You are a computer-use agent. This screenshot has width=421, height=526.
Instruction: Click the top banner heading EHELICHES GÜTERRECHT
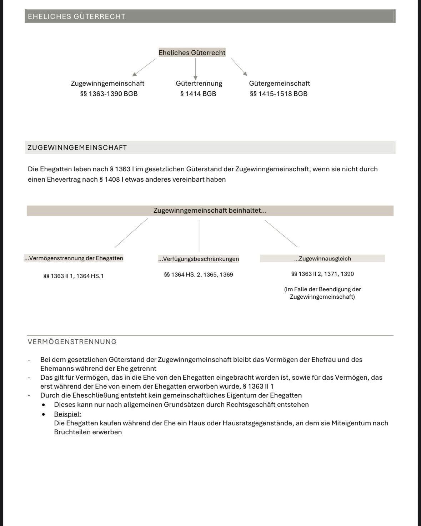coord(76,16)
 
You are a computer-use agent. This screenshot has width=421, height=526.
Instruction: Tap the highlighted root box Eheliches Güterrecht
coord(192,53)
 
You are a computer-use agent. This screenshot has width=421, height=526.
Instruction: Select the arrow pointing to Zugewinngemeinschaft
coord(144,67)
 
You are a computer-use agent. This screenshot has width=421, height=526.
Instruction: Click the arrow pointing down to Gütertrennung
coord(195,69)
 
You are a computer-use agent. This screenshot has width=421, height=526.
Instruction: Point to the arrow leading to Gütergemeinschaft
coord(239,67)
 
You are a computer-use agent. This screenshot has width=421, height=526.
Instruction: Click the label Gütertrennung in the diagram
coord(199,84)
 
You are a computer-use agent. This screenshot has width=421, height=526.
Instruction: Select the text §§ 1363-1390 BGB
coord(109,94)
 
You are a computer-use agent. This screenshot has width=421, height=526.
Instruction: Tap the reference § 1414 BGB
coord(198,94)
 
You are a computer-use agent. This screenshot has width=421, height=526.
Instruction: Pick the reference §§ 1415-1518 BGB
coord(279,94)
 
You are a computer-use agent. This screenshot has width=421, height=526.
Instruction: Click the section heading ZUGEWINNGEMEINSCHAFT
coord(77,148)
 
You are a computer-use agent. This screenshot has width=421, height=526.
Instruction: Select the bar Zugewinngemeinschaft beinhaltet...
coord(210,211)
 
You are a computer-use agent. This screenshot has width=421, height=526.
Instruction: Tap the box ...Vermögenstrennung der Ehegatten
coord(74,258)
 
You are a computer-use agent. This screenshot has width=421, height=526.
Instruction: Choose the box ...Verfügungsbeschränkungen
coord(199,259)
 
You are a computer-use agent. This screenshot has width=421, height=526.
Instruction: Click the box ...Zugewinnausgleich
coord(322,259)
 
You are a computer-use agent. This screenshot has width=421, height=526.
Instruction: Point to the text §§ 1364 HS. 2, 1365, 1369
coord(198,275)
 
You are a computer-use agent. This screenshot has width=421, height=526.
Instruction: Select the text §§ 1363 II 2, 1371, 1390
coord(322,274)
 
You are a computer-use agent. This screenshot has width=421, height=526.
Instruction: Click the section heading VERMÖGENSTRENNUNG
coord(72,342)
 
